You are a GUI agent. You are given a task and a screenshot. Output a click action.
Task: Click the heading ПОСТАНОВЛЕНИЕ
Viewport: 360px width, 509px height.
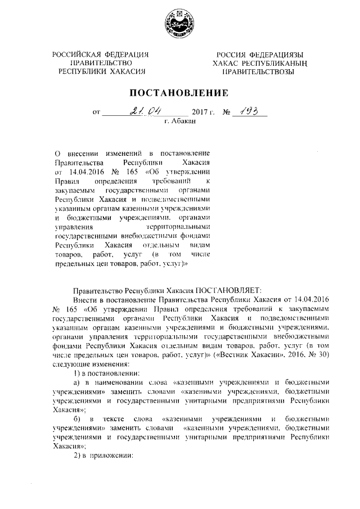click(x=179, y=92)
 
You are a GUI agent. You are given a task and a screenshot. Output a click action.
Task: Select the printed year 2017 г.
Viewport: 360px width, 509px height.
click(x=204, y=112)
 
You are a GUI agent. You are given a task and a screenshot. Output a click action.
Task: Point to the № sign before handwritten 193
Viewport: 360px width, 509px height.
click(x=228, y=112)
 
